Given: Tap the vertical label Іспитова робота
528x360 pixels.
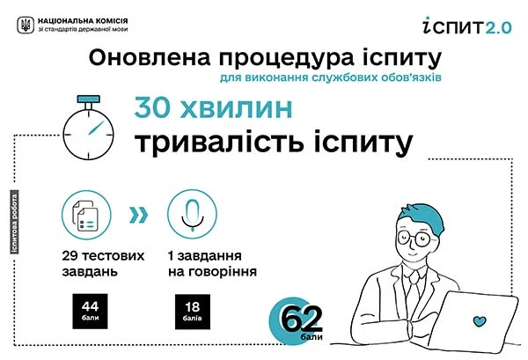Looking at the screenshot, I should tap(15, 222).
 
